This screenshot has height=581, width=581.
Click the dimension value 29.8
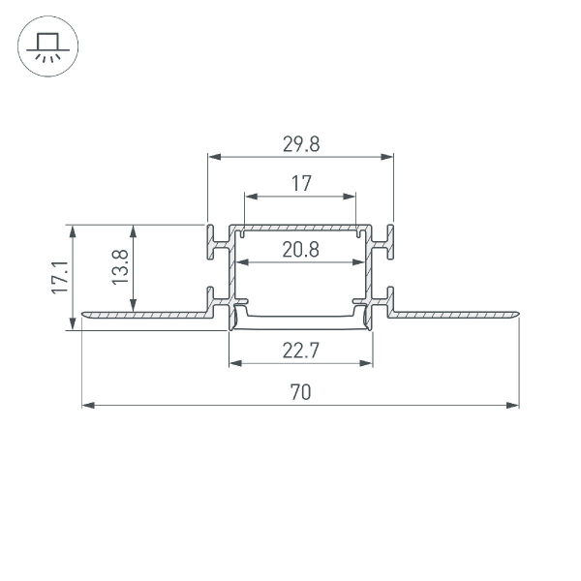click(x=301, y=144)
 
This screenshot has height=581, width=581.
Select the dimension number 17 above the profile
click(x=301, y=183)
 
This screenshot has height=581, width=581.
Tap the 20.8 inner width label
click(x=301, y=250)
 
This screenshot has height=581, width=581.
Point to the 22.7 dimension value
click(x=301, y=352)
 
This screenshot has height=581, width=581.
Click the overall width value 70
click(x=301, y=392)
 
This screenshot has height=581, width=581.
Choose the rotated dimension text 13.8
click(x=119, y=268)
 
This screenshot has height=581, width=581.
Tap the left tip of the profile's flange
click(x=84, y=314)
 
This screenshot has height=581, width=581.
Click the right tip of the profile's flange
click(x=517, y=314)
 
